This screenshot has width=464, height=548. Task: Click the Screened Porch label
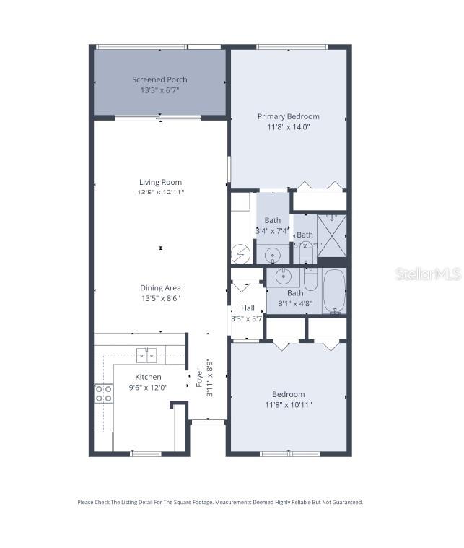pyautogui.click(x=159, y=79)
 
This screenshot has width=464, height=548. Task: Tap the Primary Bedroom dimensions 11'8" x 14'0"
pyautogui.click(x=289, y=127)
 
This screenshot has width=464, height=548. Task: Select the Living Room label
pyautogui.click(x=160, y=182)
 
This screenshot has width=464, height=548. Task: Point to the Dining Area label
pyautogui.click(x=160, y=288)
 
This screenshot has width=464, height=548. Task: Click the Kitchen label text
pyautogui.click(x=149, y=377)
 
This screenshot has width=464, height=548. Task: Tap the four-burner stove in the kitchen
pyautogui.click(x=104, y=393)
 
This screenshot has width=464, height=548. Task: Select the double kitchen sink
pyautogui.click(x=147, y=354)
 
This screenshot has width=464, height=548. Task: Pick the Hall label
pyautogui.click(x=247, y=308)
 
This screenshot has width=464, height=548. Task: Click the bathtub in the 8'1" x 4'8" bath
pyautogui.click(x=334, y=291)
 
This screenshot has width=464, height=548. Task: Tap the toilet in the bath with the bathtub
pyautogui.click(x=310, y=279)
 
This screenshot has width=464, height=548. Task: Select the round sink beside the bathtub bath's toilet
pyautogui.click(x=282, y=275)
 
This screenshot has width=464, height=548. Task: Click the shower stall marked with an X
pyautogui.click(x=331, y=235)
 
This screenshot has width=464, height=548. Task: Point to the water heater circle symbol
pyautogui.click(x=240, y=253)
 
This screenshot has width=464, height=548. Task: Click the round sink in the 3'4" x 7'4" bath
pyautogui.click(x=272, y=254)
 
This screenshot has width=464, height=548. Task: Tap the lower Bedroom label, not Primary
pyautogui.click(x=288, y=394)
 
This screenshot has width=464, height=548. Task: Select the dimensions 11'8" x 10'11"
pyautogui.click(x=288, y=404)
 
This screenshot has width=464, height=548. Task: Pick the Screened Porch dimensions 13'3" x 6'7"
pyautogui.click(x=159, y=90)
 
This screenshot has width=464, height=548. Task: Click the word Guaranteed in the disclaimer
pyautogui.click(x=345, y=502)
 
